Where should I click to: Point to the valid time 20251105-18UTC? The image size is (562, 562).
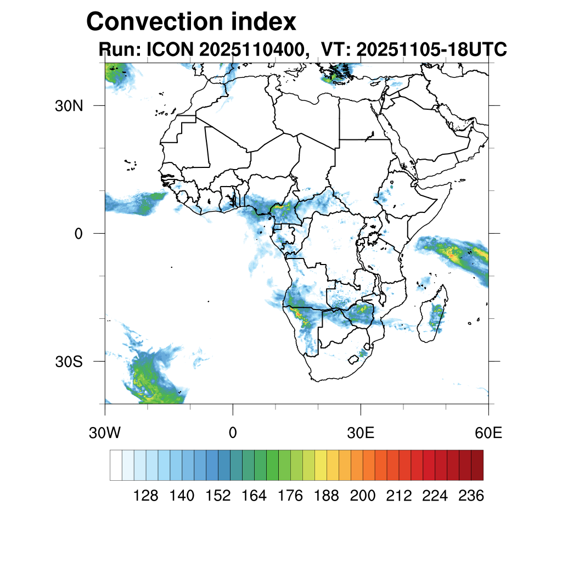point(431,50)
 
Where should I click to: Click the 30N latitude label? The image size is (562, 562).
point(69,105)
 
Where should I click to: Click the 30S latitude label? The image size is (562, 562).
point(69,362)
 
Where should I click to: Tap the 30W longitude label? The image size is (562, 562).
point(105,433)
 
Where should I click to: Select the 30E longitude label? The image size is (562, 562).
point(361,433)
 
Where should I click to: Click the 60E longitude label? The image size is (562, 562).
point(488,433)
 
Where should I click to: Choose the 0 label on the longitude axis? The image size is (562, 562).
point(233,433)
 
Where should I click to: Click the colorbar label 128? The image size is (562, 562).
point(146,496)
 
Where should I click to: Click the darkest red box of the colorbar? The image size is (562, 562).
point(477,465)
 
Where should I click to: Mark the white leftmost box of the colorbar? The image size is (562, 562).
point(116,465)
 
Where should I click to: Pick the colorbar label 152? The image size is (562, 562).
point(218,496)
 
